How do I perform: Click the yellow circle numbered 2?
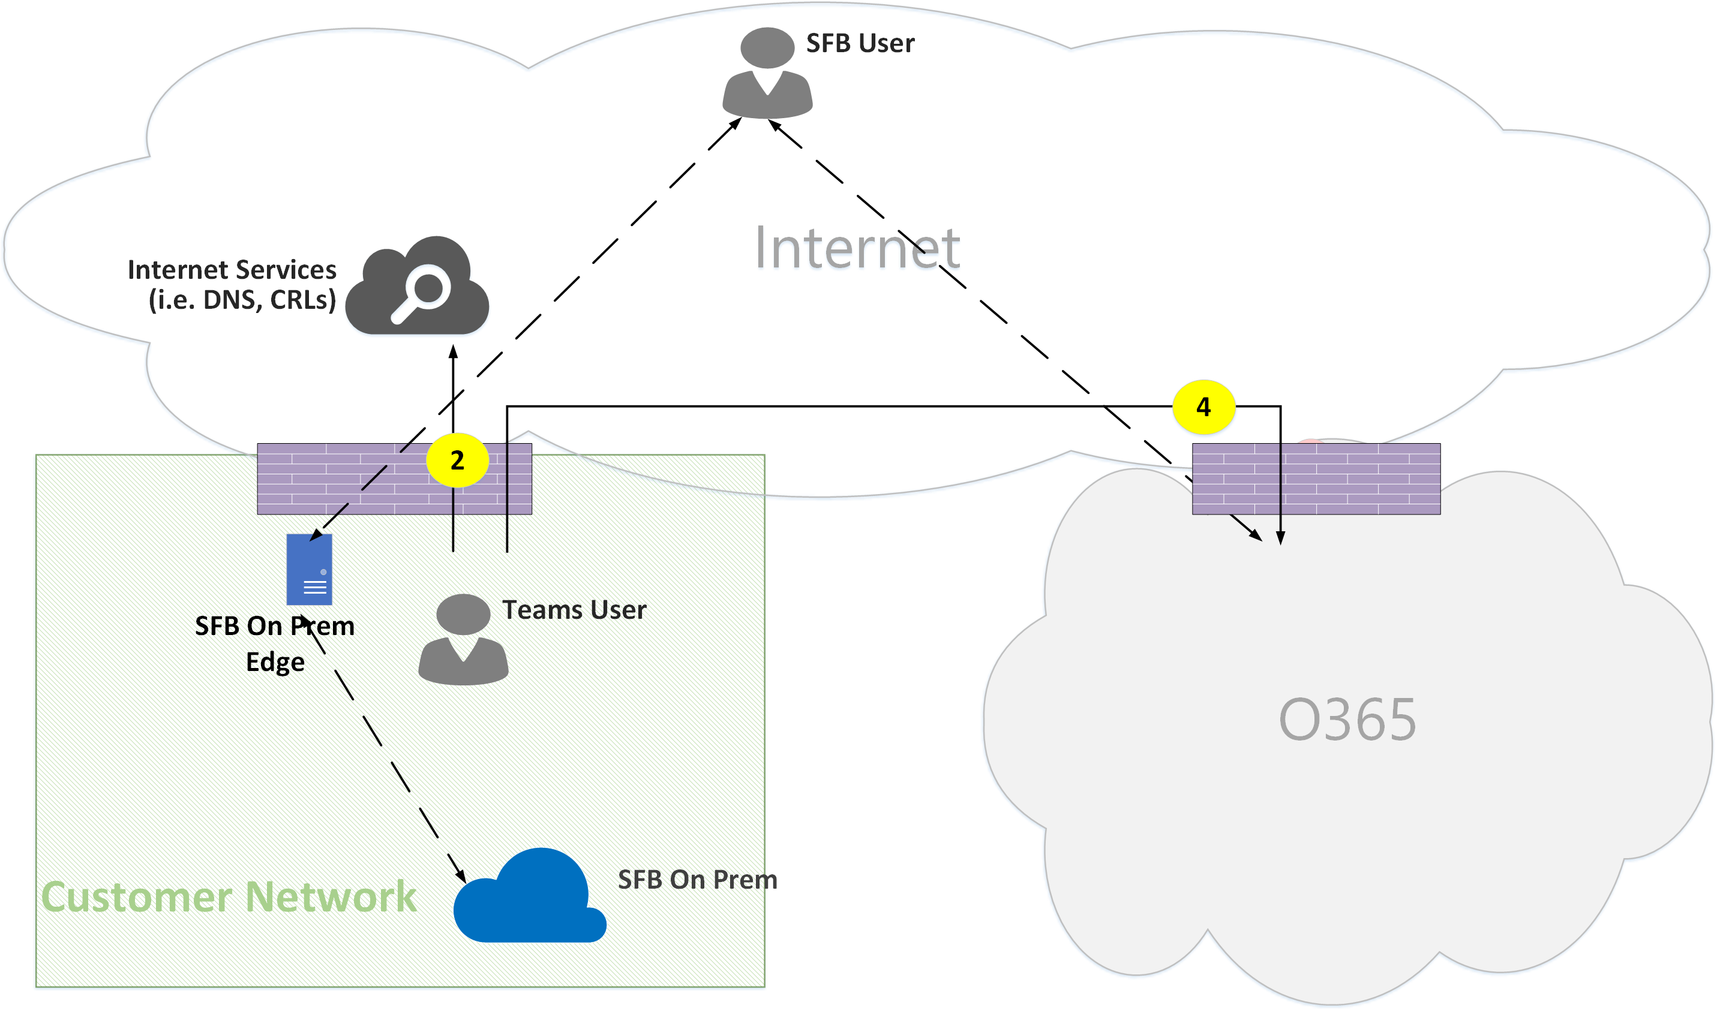point(457,461)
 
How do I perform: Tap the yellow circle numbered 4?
point(1203,407)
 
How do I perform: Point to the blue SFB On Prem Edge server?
point(310,570)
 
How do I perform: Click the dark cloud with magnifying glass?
point(417,286)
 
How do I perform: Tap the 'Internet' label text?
point(857,247)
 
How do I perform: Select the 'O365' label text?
point(1347,720)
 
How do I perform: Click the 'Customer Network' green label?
point(229,896)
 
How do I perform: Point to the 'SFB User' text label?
point(860,43)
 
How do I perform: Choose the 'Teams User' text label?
point(574,610)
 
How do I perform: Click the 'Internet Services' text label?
point(232,270)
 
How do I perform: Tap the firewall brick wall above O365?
point(1316,479)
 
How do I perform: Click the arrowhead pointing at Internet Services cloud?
point(454,351)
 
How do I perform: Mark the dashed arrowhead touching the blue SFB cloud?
point(461,875)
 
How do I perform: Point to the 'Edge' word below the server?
point(275,662)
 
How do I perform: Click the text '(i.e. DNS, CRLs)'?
point(242,300)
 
